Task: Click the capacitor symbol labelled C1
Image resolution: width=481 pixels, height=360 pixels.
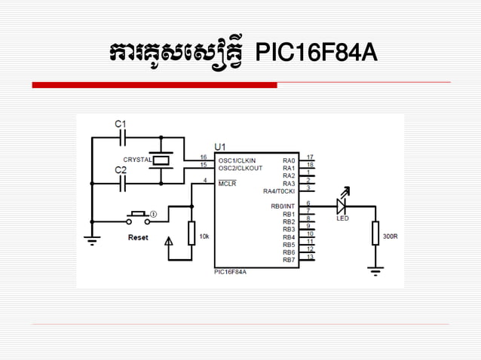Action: click(x=125, y=138)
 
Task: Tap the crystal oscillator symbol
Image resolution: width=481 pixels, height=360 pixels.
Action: click(x=161, y=160)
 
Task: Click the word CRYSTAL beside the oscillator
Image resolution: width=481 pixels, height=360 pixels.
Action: click(x=137, y=160)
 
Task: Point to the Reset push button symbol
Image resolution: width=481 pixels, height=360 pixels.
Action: click(x=138, y=218)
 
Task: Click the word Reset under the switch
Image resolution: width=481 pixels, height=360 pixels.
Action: click(x=138, y=238)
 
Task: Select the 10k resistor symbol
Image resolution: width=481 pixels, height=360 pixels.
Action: click(x=191, y=233)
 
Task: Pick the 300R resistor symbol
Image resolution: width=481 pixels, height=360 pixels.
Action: click(x=375, y=233)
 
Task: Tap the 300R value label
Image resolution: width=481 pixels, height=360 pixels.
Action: click(x=390, y=236)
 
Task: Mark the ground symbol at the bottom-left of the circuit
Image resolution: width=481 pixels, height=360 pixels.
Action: click(x=91, y=241)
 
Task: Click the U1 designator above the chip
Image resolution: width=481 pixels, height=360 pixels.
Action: click(x=221, y=146)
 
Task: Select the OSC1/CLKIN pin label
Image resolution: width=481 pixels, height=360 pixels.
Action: click(x=237, y=160)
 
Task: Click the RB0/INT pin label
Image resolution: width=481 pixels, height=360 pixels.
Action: click(x=283, y=206)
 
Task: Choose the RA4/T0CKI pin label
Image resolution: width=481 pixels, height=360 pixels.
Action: click(x=279, y=191)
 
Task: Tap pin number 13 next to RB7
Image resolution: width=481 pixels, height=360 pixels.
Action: click(x=309, y=257)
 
